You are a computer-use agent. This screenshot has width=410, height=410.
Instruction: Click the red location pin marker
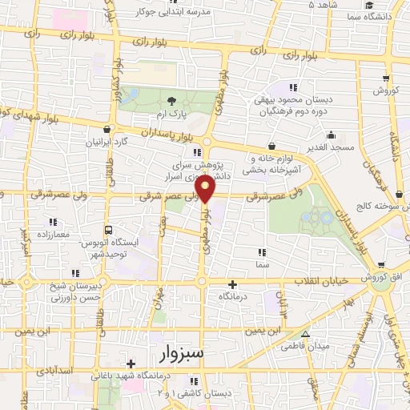pyautogui.click(x=206, y=189)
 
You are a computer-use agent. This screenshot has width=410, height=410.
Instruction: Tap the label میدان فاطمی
pyautogui.click(x=303, y=347)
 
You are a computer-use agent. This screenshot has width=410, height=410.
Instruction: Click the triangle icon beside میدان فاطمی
pyautogui.click(x=304, y=334)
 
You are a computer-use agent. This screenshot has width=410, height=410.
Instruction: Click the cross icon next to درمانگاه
pyautogui.click(x=233, y=284)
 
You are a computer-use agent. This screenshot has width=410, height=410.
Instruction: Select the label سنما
pyautogui.click(x=262, y=263)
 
